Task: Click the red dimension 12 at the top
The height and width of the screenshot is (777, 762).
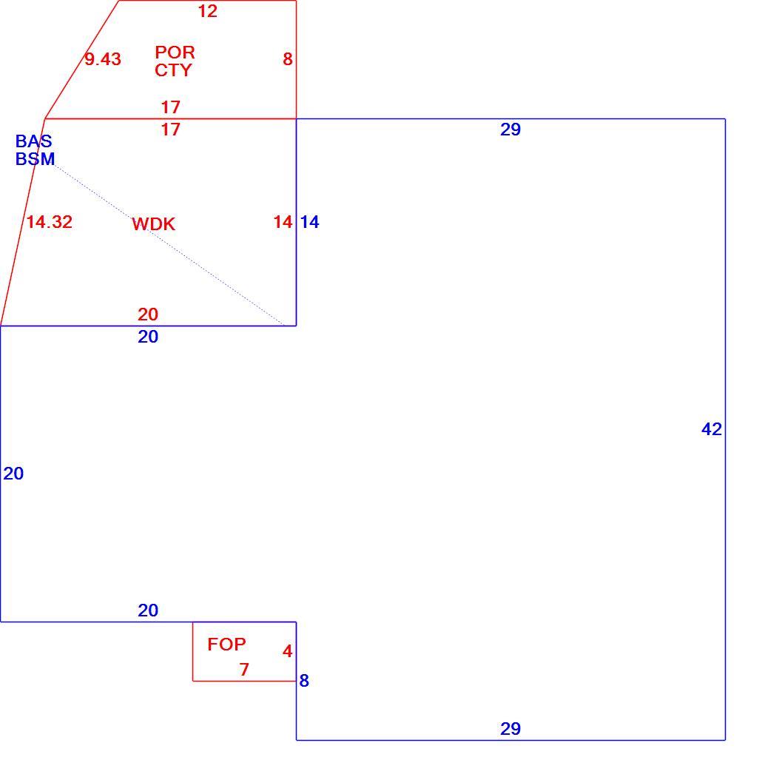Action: pyautogui.click(x=208, y=11)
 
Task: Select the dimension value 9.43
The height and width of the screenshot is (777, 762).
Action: pyautogui.click(x=103, y=59)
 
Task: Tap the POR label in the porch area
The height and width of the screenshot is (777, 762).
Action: pyautogui.click(x=175, y=52)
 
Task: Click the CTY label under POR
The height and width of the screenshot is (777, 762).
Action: pyautogui.click(x=173, y=70)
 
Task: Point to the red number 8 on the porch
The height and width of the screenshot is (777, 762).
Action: pyautogui.click(x=288, y=59)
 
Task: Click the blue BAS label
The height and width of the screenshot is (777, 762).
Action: pyautogui.click(x=34, y=141)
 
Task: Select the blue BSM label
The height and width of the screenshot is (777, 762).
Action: pyautogui.click(x=36, y=159)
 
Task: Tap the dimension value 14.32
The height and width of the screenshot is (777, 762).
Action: pyautogui.click(x=50, y=221)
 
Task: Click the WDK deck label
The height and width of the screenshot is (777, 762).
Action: pyautogui.click(x=154, y=224)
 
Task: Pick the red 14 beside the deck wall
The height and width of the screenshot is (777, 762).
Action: pyautogui.click(x=283, y=221)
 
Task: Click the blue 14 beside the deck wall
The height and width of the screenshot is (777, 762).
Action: pyautogui.click(x=310, y=221)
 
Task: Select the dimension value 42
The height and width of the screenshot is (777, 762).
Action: pyautogui.click(x=712, y=428)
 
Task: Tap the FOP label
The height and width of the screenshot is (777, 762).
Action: pyautogui.click(x=226, y=645)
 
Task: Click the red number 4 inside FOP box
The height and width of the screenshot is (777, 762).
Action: pyautogui.click(x=288, y=650)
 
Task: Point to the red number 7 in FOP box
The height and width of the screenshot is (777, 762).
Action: pyautogui.click(x=244, y=670)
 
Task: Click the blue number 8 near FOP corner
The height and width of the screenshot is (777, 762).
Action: pyautogui.click(x=304, y=680)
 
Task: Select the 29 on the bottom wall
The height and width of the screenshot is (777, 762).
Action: pyautogui.click(x=510, y=728)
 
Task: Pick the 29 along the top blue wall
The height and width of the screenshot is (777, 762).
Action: pyautogui.click(x=510, y=129)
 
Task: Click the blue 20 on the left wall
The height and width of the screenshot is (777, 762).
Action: pyautogui.click(x=13, y=474)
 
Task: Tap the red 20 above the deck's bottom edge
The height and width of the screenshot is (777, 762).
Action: pyautogui.click(x=148, y=314)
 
